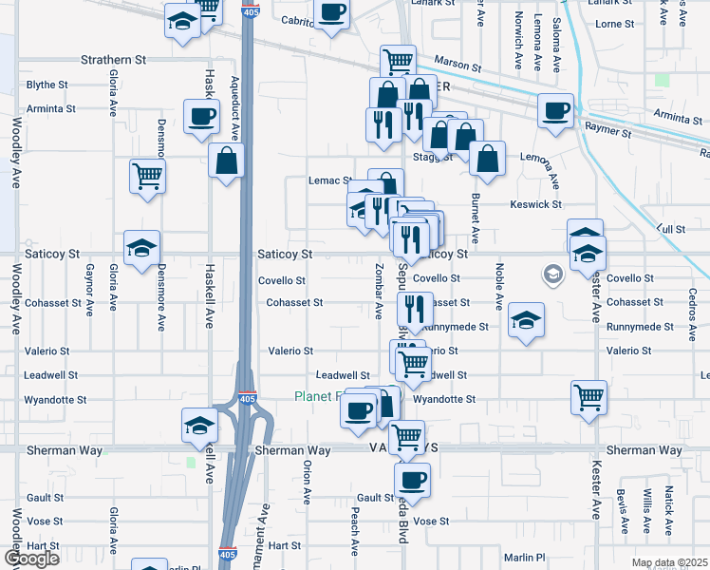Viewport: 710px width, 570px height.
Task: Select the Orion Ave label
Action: click(307, 483)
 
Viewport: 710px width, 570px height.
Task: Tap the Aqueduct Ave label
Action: click(234, 106)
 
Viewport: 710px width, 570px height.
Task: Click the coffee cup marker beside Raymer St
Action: click(555, 109)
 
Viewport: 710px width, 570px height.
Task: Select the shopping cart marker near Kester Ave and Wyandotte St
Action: click(589, 396)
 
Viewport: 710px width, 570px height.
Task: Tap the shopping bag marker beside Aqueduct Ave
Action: click(228, 161)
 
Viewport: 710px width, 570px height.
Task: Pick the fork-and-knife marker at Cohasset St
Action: click(415, 307)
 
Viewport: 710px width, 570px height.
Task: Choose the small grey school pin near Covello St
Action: click(551, 275)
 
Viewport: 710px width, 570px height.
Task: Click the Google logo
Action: click(32, 559)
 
